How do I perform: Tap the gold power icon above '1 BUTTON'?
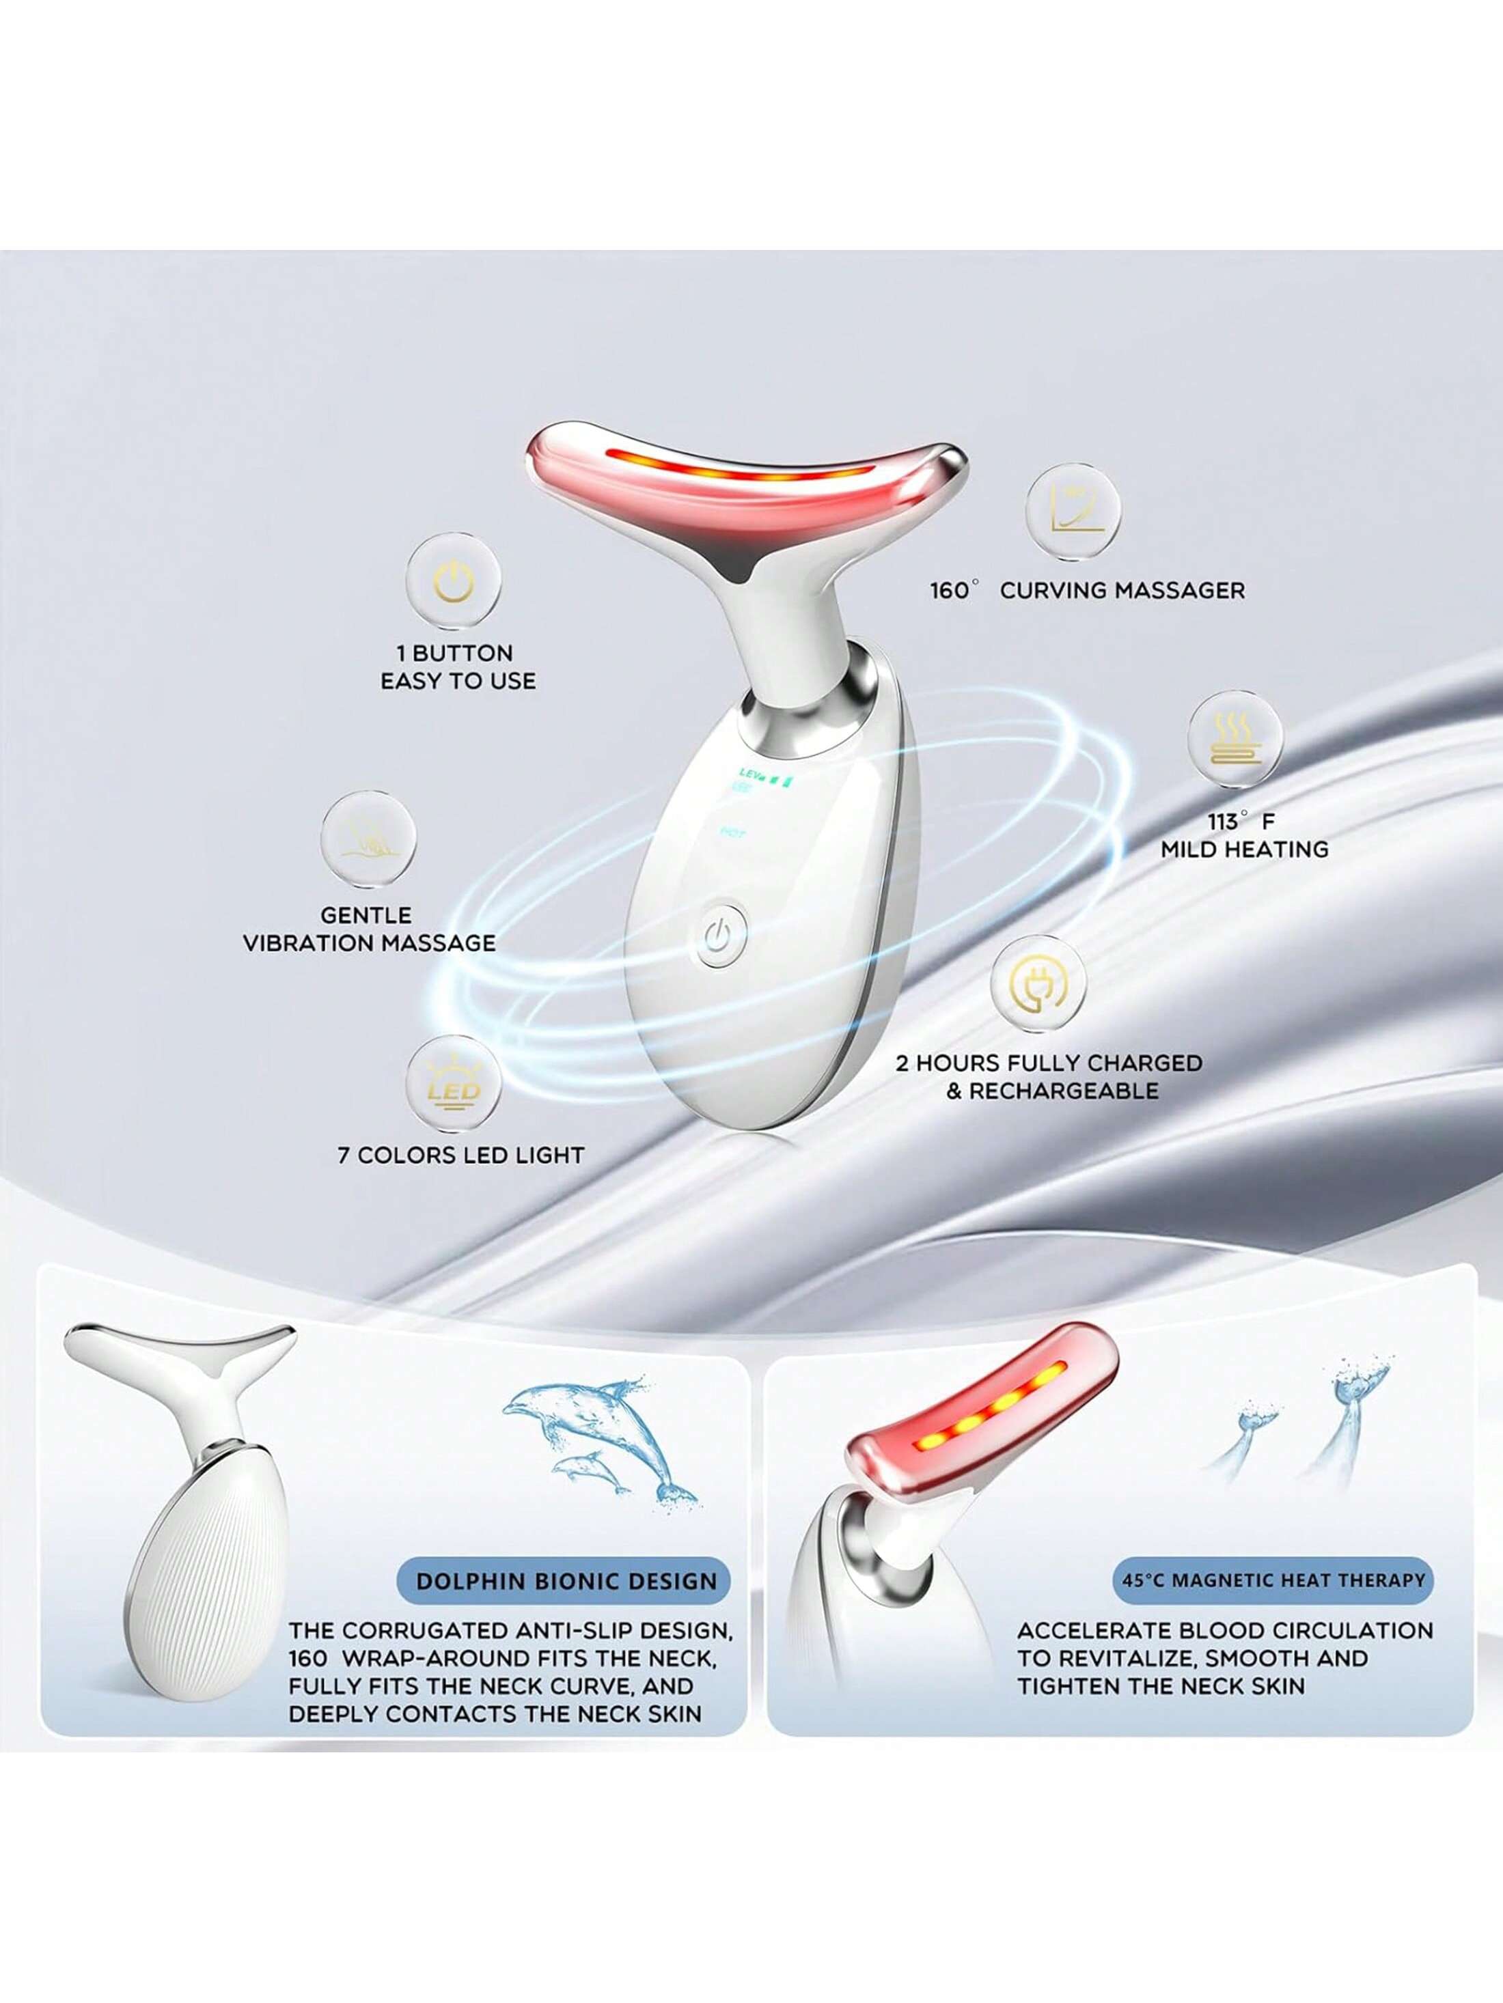[453, 581]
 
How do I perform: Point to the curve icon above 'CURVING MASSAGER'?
[1072, 509]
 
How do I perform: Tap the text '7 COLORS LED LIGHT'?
[461, 1155]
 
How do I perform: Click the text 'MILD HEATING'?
[1244, 850]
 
